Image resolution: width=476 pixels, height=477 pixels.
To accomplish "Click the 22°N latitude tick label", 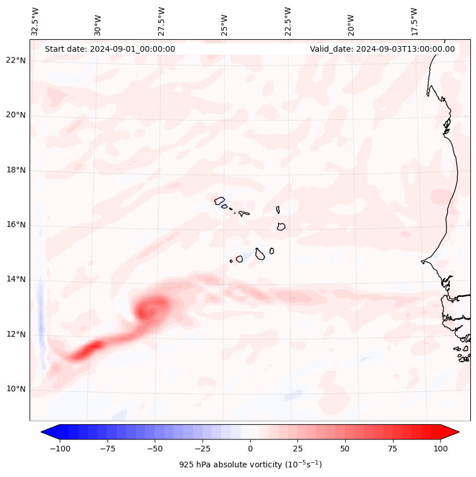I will [x=16, y=60].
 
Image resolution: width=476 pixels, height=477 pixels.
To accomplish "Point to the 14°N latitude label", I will [x=16, y=279].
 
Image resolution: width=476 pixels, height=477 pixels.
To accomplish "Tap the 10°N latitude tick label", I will [x=16, y=389].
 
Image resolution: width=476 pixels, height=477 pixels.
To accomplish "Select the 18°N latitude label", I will [x=16, y=170].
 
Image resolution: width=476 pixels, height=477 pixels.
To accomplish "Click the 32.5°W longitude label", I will [x=35, y=21].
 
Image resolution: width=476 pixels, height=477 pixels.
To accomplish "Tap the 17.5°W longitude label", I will [x=415, y=21].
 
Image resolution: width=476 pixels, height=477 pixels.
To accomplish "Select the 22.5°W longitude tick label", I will [x=288, y=21].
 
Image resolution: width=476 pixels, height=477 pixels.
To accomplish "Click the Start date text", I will [x=110, y=49].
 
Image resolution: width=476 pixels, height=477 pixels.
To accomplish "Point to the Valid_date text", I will [x=382, y=49].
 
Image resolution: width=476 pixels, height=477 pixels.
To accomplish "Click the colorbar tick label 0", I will [x=250, y=449].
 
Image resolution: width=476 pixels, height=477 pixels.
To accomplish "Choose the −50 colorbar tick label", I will [x=155, y=449].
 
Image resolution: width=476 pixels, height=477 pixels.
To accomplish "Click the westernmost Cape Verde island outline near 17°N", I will [x=220, y=200].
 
